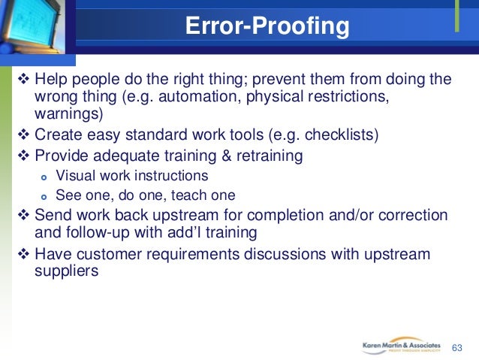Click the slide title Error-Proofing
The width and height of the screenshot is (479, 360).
[267, 28]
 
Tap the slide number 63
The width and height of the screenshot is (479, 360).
[457, 348]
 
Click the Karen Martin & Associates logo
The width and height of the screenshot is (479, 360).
[402, 346]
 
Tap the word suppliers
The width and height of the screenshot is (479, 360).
[66, 271]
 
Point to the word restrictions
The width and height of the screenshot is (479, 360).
[334, 98]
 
